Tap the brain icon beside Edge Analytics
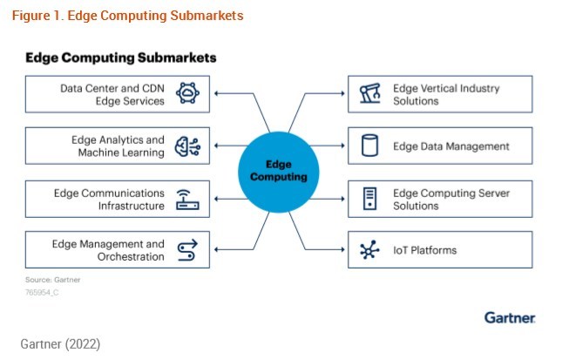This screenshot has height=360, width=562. [x=188, y=146]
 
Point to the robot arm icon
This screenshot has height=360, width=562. [x=369, y=94]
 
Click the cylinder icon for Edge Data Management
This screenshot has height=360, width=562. [x=369, y=146]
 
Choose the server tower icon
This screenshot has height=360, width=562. [x=369, y=199]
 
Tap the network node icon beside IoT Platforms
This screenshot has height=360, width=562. [x=369, y=250]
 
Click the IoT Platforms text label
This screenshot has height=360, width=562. [x=425, y=250]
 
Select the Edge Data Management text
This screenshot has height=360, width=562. [x=450, y=146]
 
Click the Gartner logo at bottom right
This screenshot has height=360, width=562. [x=510, y=317]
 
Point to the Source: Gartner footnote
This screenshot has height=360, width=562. [x=51, y=280]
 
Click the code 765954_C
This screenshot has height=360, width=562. [x=43, y=293]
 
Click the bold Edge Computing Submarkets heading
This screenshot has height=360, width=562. [x=120, y=58]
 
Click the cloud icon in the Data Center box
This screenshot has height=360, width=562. [x=188, y=94]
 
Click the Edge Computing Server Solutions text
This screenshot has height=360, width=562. [x=450, y=199]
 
